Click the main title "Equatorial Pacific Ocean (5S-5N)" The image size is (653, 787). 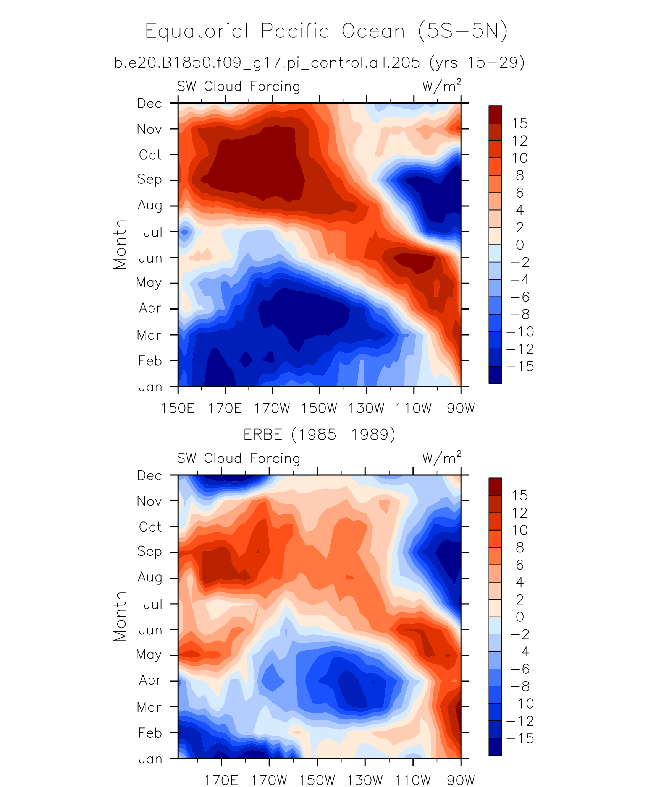pos(326,31)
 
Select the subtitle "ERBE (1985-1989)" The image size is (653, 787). pos(319,435)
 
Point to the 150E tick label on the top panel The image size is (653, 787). pos(178,408)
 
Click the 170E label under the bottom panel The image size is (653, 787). pos(221,780)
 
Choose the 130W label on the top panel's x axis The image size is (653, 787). pos(366,408)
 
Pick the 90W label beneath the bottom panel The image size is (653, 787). pos(461,780)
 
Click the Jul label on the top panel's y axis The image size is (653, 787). pos(153,232)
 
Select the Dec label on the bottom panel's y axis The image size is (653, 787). pos(150,475)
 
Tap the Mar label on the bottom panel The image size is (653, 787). pos(150,707)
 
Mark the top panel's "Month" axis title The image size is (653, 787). pos(120,245)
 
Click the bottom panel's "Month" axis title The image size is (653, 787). pos(120,616)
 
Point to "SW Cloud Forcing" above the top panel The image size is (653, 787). pos(239,86)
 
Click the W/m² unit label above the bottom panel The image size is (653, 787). pos(442,458)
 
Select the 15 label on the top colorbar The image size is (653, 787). pos(520,123)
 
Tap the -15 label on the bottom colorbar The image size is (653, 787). pos(520,738)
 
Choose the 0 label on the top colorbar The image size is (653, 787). pos(520,245)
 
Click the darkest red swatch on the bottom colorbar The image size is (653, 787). pos(495,487)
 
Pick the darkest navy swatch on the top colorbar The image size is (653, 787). pos(495,375)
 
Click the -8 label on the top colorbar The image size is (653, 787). pos(520,314)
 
